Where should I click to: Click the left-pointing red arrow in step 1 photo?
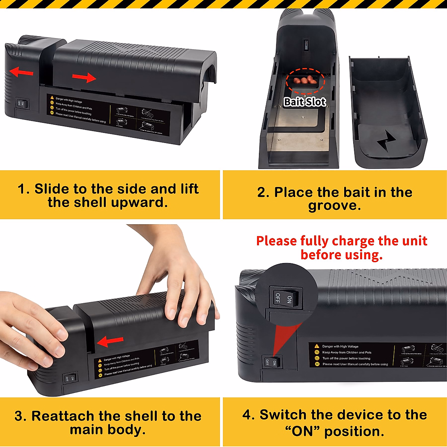21,72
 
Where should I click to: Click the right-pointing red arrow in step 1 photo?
84,77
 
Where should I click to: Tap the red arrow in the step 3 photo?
110,341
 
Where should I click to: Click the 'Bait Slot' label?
305,102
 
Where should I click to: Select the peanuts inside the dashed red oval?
305,80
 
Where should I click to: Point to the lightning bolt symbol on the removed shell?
386,141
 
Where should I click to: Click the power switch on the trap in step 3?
70,378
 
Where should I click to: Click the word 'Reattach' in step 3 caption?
63,416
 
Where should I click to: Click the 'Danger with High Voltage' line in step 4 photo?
340,346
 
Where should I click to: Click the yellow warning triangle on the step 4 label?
317,346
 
